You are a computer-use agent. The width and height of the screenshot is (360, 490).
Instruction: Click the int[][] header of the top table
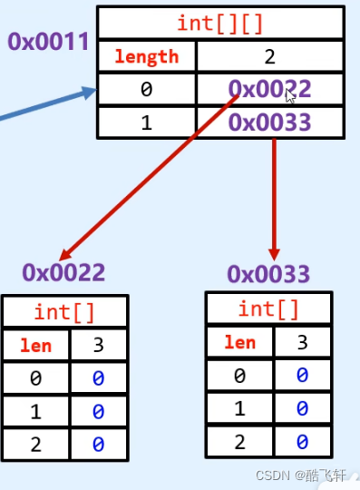click(220, 24)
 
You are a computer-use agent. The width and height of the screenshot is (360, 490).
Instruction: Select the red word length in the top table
click(146, 56)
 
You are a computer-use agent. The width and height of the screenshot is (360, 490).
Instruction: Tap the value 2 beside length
click(269, 56)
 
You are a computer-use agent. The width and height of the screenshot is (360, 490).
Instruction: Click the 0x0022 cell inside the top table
click(269, 89)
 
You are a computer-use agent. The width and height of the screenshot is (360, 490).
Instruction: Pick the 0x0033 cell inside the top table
click(269, 122)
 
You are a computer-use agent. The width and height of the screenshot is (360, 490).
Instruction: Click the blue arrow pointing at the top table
click(54, 103)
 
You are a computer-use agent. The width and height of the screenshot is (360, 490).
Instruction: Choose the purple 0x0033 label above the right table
click(268, 273)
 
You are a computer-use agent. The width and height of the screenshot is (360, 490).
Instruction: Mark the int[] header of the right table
click(268, 309)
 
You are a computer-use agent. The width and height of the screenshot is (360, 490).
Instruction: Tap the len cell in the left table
click(35, 345)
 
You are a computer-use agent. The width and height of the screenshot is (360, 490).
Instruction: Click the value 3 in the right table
click(302, 342)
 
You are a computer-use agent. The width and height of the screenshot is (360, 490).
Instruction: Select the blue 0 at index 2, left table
click(98, 444)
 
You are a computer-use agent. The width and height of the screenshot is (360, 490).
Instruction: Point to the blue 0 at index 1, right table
click(302, 408)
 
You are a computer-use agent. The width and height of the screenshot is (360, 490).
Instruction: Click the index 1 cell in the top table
click(146, 122)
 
